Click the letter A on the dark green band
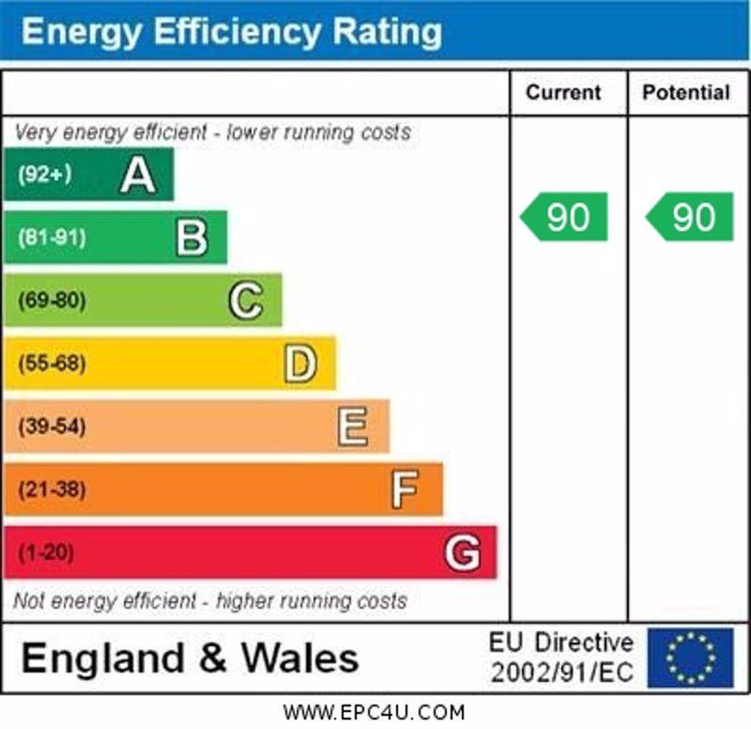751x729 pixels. point(137,176)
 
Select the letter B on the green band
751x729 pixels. point(192,239)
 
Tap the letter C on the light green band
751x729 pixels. point(246,302)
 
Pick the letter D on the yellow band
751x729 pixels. point(300,364)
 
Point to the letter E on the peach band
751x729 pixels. point(353,427)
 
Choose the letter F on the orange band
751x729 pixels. point(406,489)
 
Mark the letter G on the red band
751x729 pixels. point(462,552)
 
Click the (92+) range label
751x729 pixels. point(44,175)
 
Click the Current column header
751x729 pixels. point(563,93)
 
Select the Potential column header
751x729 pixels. point(686,93)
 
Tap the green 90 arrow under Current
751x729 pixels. point(565,217)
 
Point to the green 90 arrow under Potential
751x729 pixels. point(690,217)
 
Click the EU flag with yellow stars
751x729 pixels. point(690,658)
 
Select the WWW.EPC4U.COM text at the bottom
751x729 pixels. point(374,713)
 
